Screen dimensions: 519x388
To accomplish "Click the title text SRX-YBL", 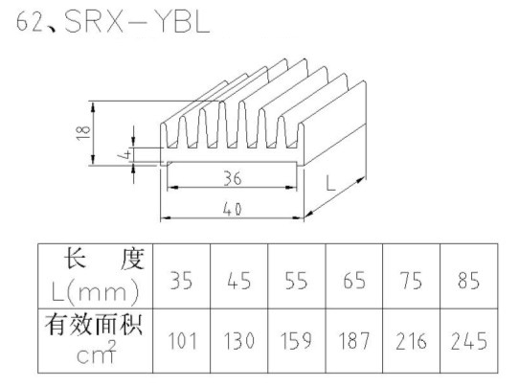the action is (137, 22).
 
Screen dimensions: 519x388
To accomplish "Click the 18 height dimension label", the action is (83, 133).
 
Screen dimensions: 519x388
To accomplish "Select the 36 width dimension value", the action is (233, 178).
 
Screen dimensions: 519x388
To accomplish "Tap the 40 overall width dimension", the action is (233, 209).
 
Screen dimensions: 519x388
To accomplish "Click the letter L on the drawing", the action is (330, 183).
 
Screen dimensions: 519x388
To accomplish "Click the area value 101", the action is (182, 341).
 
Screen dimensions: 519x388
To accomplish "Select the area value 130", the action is (239, 341).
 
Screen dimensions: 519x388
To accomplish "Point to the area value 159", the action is (296, 341).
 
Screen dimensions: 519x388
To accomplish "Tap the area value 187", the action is (354, 341).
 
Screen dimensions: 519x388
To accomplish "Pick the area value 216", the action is (412, 341).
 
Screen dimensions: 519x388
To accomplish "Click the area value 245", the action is (468, 341).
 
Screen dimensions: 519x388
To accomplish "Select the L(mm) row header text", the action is (96, 292).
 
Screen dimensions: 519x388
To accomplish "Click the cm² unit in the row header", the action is (97, 353).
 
